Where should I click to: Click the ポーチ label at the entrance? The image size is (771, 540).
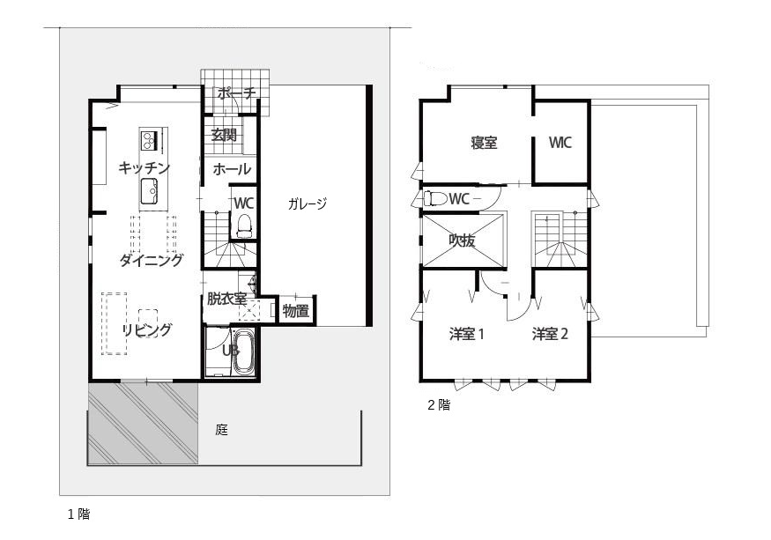coord(235,92)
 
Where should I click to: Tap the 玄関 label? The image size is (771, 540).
coord(224,135)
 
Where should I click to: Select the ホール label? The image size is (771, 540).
coord(232,169)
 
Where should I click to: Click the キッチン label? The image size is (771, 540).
coord(144,167)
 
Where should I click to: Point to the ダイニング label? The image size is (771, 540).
coord(152,260)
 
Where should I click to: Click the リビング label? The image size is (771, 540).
coord(146,330)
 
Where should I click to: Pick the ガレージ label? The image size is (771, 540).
coord(307,204)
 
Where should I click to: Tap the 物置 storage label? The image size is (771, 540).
coord(295,310)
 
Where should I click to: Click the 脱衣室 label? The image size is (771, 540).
coord(226,299)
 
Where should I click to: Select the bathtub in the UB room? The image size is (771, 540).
coord(242,352)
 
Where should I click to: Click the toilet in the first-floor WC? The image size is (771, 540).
coord(244,225)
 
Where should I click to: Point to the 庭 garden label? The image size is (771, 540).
coord(221,431)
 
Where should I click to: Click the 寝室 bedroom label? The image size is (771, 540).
coord(484,143)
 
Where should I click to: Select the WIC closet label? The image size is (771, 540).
coord(560,143)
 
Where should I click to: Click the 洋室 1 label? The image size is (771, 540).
coord(467,334)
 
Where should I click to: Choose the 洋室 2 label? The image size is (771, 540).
coord(550,334)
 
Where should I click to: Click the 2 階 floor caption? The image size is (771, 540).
coord(439,406)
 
